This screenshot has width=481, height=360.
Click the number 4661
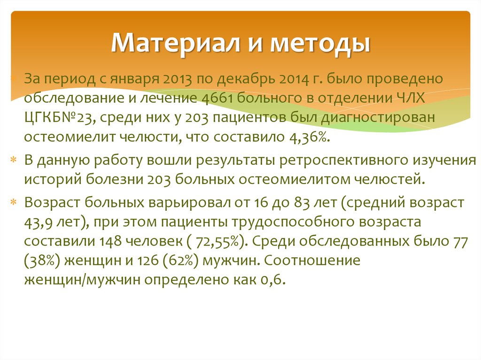tap(212, 98)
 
